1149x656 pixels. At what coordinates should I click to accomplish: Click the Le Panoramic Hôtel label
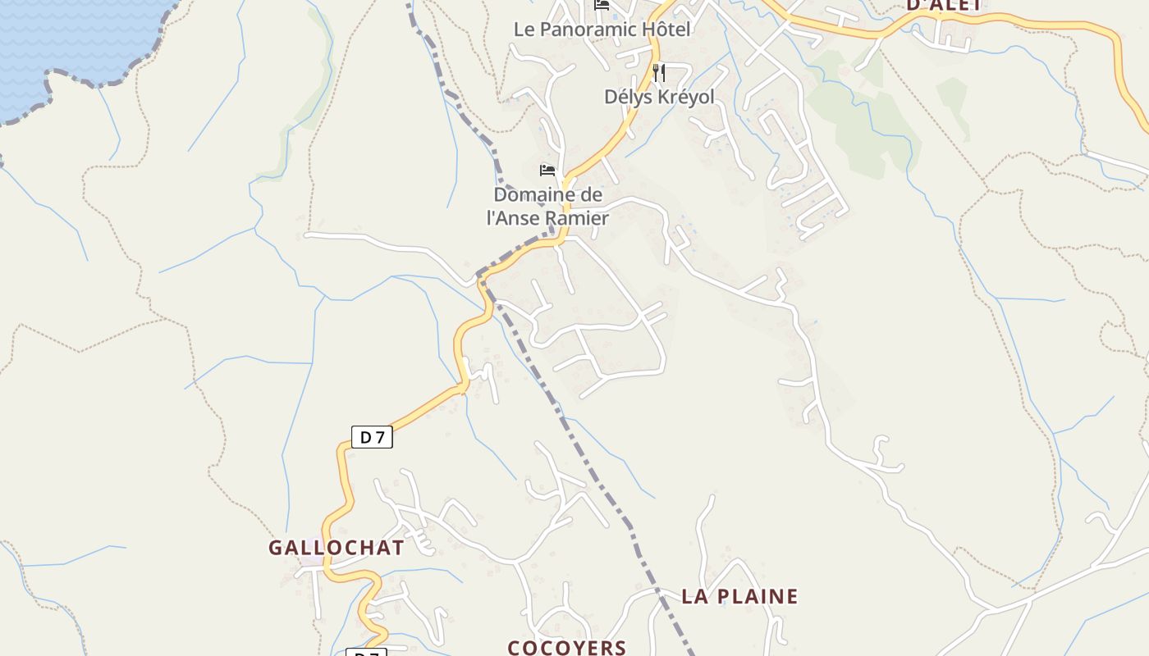pyautogui.click(x=602, y=30)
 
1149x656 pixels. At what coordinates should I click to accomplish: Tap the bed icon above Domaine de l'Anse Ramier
pyautogui.click(x=547, y=171)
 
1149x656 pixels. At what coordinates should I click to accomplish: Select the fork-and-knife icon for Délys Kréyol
pyautogui.click(x=658, y=73)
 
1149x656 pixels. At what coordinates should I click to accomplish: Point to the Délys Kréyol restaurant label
pyautogui.click(x=659, y=97)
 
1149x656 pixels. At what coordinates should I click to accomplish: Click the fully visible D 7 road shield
pyautogui.click(x=372, y=438)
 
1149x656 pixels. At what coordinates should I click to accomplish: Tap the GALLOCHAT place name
pyautogui.click(x=336, y=548)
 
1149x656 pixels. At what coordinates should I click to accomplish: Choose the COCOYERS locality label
pyautogui.click(x=567, y=648)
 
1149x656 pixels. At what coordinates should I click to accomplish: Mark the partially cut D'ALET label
pyautogui.click(x=943, y=4)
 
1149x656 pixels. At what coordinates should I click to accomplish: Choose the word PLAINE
pyautogui.click(x=755, y=596)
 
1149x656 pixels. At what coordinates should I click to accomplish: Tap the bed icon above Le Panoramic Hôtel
pyautogui.click(x=602, y=6)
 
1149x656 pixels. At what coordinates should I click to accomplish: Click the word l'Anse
pyautogui.click(x=514, y=218)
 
